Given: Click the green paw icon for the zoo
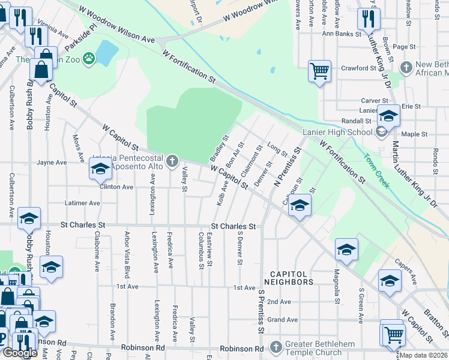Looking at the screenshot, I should (89, 58).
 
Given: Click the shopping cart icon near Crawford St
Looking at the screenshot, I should (320, 71).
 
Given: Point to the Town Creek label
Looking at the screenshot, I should (376, 170).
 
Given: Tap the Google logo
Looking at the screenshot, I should (20, 353).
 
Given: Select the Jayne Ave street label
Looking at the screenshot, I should (52, 163).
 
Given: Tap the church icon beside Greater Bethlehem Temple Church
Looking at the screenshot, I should (276, 347).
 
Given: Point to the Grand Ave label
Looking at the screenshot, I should (282, 320).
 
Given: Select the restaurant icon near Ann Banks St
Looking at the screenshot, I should (367, 19).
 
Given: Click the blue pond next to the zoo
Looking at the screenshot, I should (106, 53).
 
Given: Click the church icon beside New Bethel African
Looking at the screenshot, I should (406, 67).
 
